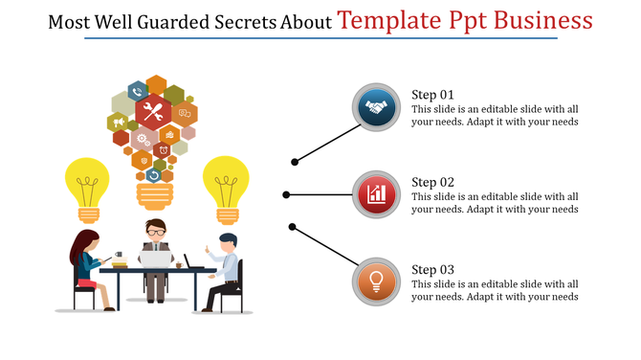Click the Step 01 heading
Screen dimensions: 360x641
(432, 95)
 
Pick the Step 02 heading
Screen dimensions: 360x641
(432, 182)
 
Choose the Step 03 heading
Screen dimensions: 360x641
(432, 270)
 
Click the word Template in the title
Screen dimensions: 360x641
(392, 20)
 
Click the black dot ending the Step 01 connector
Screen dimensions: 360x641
(295, 162)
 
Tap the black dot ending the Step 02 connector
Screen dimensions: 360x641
(286, 195)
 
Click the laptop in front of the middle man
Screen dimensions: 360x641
(155, 259)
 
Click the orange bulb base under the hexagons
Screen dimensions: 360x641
(153, 195)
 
